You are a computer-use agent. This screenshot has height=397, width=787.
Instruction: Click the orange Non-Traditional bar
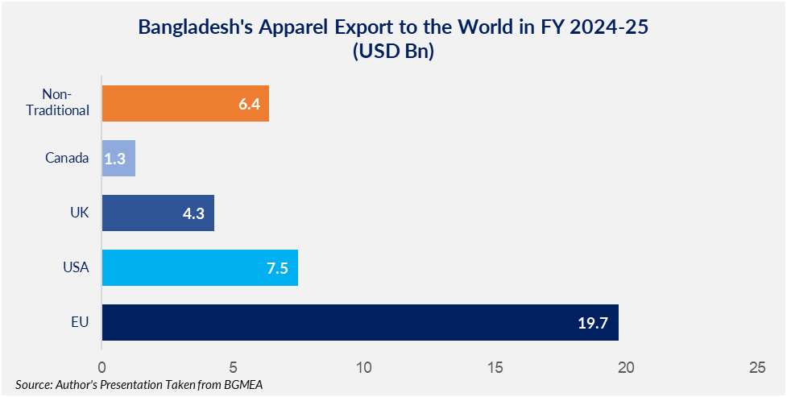coord(185,104)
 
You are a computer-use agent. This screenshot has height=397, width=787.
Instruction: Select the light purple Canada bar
coord(118,159)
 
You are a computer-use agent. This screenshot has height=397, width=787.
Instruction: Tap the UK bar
coord(158,213)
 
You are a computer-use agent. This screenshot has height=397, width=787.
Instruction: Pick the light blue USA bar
coord(200,267)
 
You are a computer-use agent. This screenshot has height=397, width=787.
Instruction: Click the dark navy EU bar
coord(360,322)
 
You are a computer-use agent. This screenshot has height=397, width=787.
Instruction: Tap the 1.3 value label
coord(116,159)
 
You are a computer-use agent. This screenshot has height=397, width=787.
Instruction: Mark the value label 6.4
coord(250,104)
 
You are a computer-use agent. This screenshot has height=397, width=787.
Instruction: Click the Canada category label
coord(67,158)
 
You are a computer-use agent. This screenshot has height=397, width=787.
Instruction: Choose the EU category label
coord(80,322)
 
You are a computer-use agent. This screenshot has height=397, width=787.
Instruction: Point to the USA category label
coord(76,267)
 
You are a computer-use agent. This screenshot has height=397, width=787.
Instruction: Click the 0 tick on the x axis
coord(101,367)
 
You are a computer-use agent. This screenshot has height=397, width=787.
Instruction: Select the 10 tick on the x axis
coord(364,367)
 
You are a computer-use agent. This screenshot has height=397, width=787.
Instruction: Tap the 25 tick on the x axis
coord(756,367)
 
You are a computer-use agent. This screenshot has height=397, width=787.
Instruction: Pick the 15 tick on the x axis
coord(495,367)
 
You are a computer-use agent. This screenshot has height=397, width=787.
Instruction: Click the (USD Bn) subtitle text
coord(393,52)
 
